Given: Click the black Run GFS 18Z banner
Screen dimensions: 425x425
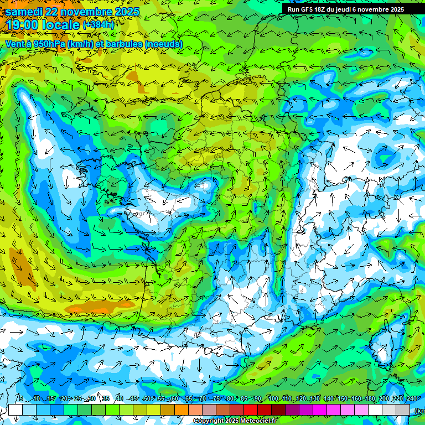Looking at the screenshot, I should [x=346, y=9].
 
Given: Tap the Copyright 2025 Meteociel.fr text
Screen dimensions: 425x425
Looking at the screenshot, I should [x=235, y=421].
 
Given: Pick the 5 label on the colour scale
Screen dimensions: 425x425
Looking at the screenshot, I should [x=20, y=399].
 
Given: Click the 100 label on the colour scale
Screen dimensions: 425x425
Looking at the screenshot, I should [x=273, y=399].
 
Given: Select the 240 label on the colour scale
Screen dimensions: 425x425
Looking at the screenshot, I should [x=411, y=399].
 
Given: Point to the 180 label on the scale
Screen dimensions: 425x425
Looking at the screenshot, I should [x=370, y=399].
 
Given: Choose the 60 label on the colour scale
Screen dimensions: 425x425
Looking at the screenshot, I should [x=174, y=399].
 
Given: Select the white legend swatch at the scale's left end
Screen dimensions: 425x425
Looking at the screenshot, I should [x=15, y=410].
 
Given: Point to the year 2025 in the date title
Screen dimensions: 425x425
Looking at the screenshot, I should [x=123, y=12].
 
